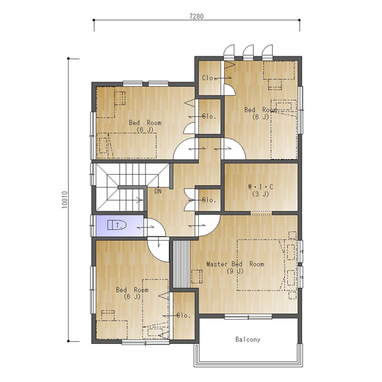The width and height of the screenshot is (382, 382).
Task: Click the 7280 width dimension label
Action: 197,16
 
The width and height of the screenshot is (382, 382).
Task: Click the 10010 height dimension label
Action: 64,200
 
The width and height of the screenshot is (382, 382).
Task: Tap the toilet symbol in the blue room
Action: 117,225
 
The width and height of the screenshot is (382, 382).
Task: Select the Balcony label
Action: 248,339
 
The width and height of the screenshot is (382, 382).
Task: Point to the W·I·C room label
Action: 261,187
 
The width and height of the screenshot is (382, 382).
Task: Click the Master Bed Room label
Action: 235,264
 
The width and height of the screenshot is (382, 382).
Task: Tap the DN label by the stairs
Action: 158,191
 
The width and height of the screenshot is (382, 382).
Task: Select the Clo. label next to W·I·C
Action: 209,200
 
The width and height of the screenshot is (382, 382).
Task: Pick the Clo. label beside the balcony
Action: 184,316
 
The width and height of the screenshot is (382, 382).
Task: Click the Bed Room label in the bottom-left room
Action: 132,290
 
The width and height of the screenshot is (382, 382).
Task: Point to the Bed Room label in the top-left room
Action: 145,123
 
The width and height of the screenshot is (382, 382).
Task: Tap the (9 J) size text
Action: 235,271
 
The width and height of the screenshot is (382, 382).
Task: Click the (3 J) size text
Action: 261,194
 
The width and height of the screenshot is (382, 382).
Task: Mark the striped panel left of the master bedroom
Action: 181,264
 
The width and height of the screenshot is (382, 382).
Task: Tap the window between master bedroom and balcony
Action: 248,317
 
